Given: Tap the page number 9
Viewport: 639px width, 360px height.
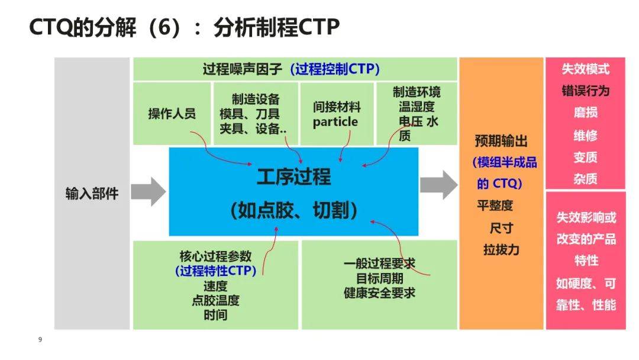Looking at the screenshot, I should click(x=40, y=340).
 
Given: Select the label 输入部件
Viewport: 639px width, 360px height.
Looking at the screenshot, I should click(x=92, y=194).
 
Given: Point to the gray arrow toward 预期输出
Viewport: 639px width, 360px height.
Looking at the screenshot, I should click(x=438, y=185).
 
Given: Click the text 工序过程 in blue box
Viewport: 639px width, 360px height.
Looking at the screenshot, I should click(x=293, y=176).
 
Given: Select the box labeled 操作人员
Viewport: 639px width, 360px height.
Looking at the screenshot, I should click(x=172, y=114).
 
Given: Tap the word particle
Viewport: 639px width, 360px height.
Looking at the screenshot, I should click(x=335, y=122).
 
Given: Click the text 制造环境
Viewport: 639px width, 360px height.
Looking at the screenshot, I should click(x=417, y=92).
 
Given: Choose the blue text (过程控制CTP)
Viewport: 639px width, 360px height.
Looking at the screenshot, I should click(x=334, y=69).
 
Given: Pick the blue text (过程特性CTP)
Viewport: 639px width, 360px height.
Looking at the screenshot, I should click(x=215, y=271).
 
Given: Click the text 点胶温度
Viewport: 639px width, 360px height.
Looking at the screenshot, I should click(x=215, y=300).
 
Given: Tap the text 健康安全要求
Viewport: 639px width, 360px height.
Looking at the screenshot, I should click(x=379, y=292).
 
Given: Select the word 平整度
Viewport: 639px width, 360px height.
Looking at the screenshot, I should click(x=495, y=205).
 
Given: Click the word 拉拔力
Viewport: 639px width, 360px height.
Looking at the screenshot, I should click(x=501, y=249).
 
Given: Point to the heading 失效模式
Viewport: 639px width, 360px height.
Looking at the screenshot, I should click(x=585, y=69).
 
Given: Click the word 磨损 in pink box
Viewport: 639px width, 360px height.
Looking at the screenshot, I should click(x=585, y=112).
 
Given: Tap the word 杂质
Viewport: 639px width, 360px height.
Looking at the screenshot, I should click(x=585, y=179).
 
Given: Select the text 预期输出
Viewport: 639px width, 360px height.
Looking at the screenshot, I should click(x=501, y=141).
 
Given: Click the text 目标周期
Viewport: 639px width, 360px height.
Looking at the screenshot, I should click(x=379, y=278).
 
